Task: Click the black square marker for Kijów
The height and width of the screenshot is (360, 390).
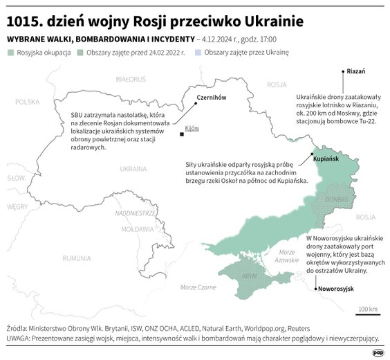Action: pyautogui.click(x=181, y=134)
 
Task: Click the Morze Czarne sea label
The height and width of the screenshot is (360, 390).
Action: pyautogui.click(x=198, y=287)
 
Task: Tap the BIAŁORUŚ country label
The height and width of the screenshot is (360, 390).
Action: pyautogui.click(x=130, y=80)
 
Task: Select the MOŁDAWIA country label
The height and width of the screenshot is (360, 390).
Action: pyautogui.click(x=137, y=228)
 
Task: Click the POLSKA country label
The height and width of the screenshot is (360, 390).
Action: pyautogui.click(x=28, y=102)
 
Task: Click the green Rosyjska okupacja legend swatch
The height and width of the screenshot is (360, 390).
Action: pyautogui.click(x=11, y=53)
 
